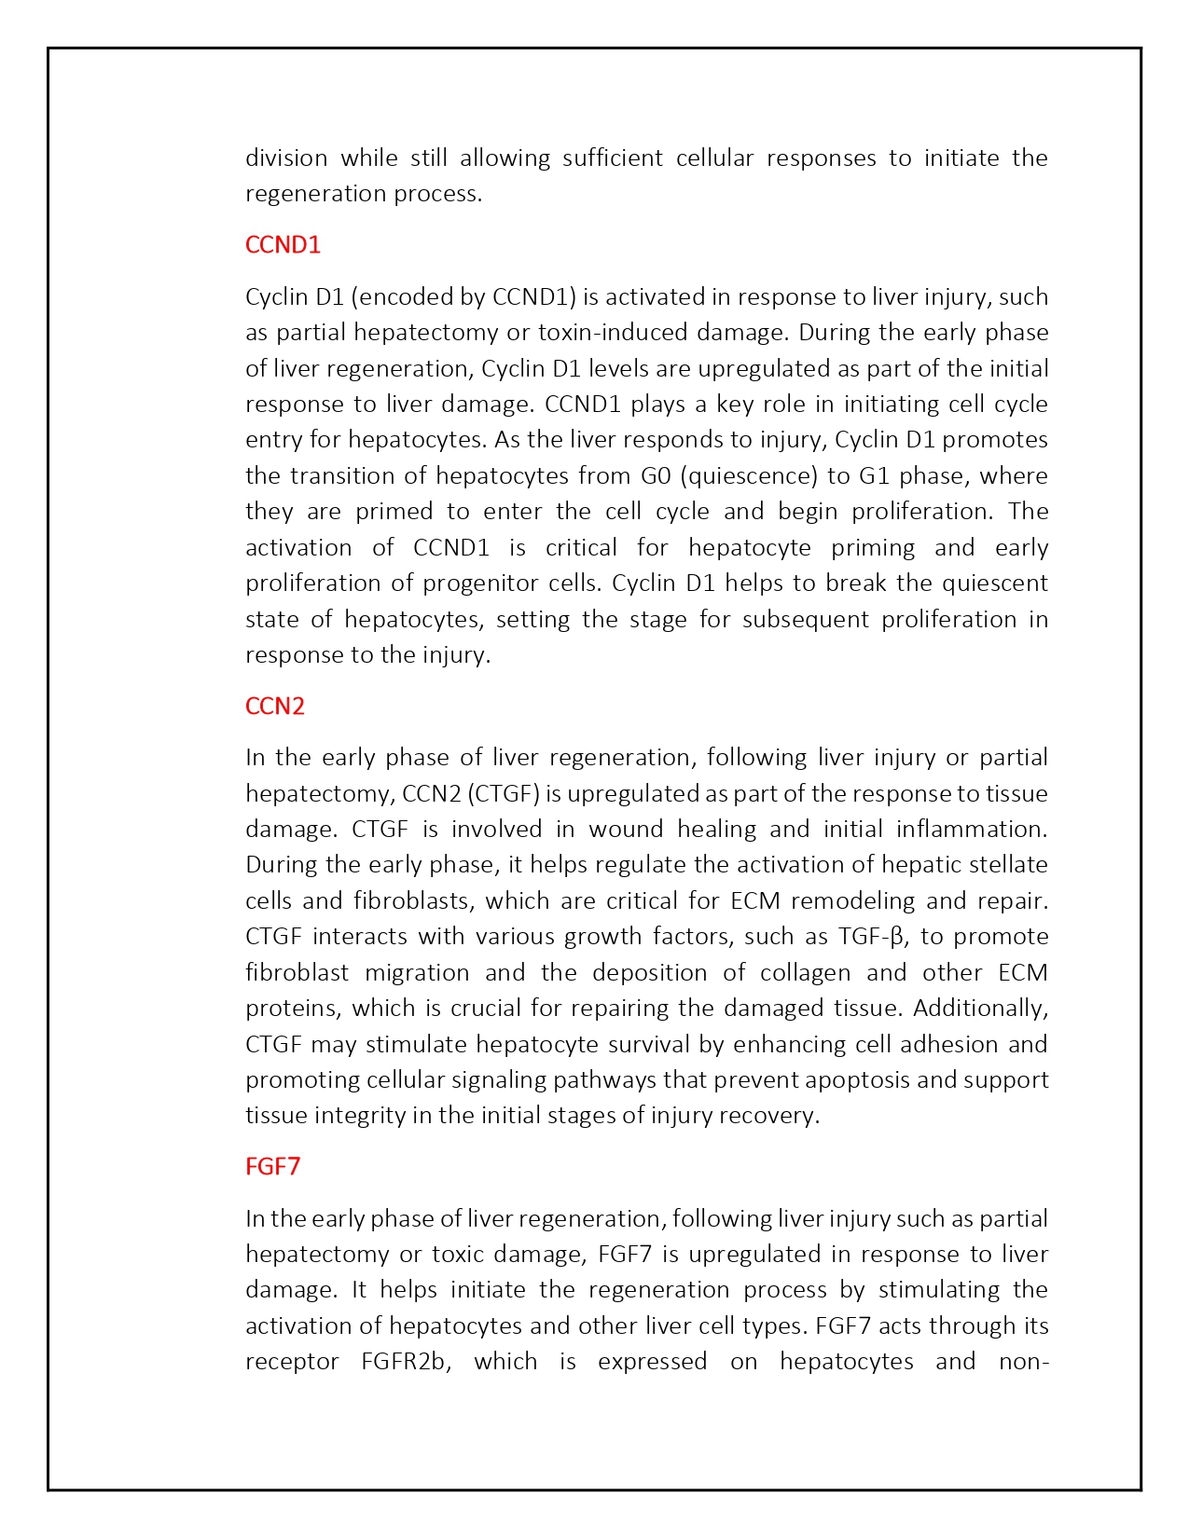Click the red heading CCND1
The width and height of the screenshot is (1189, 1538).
283,244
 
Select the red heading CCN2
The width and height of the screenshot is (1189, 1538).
275,706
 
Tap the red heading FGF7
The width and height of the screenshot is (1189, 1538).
273,1166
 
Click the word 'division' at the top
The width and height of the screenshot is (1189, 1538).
286,158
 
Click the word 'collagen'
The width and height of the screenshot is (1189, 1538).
805,972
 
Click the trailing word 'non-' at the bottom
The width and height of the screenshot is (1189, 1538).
1023,1361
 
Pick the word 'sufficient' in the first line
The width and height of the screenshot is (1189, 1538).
612,158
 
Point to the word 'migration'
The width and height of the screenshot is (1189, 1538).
416,972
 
